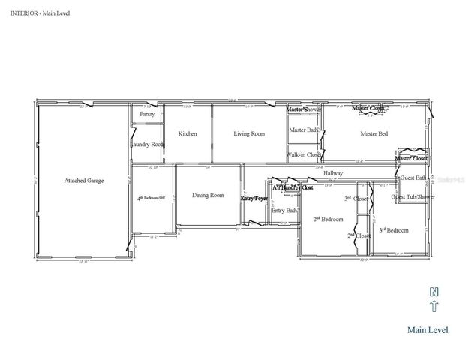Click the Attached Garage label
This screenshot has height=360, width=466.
pyautogui.click(x=84, y=181)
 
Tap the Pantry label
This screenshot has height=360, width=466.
pyautogui.click(x=147, y=114)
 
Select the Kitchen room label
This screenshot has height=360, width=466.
pyautogui.click(x=188, y=133)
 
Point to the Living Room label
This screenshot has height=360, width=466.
pyautogui.click(x=249, y=133)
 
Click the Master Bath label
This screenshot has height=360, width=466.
pyautogui.click(x=304, y=130)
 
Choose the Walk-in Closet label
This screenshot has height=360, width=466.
pyautogui.click(x=305, y=155)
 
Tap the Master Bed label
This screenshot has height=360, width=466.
pyautogui.click(x=374, y=134)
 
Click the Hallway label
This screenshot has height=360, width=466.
pyautogui.click(x=333, y=173)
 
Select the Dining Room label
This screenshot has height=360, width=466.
pyautogui.click(x=208, y=196)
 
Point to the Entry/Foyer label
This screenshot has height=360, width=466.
pyautogui.click(x=254, y=198)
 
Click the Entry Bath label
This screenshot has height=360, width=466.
pyautogui.click(x=284, y=211)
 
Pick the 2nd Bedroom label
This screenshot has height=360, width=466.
pyautogui.click(x=328, y=220)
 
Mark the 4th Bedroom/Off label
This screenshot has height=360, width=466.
pyautogui.click(x=151, y=199)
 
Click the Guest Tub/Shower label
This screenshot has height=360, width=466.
pyautogui.click(x=413, y=196)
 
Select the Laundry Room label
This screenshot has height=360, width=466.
pyautogui.click(x=147, y=144)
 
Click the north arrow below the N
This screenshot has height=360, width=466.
pyautogui.click(x=433, y=306)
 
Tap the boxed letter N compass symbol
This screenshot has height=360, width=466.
pyautogui.click(x=433, y=291)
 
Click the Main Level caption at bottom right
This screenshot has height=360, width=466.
pyautogui.click(x=428, y=329)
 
